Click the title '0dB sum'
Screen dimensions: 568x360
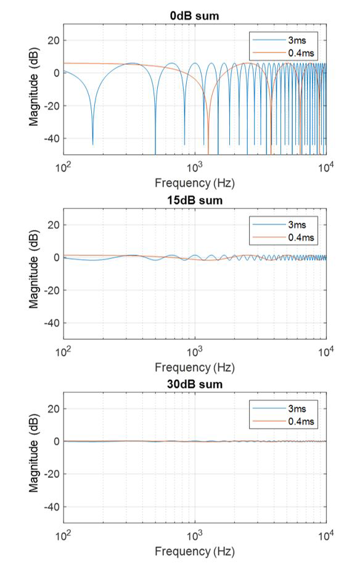(195, 16)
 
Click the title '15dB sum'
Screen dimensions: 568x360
(195, 200)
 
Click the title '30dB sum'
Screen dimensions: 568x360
(195, 384)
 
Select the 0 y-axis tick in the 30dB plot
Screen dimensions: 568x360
(55, 442)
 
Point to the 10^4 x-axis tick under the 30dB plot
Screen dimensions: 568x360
(326, 535)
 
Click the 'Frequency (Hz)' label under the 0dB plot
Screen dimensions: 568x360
(195, 183)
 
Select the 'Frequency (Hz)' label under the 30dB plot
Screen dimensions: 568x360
(195, 551)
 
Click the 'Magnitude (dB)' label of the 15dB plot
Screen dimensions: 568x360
(35, 274)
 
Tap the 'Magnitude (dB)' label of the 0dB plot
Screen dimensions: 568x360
(35, 90)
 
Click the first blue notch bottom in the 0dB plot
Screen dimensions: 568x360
(93, 144)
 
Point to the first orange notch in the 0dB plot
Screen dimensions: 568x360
(208, 153)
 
